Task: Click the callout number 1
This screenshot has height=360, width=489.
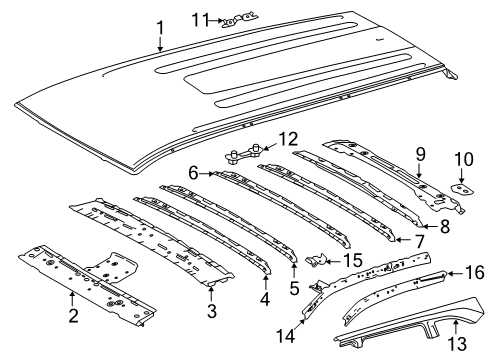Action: (159, 29)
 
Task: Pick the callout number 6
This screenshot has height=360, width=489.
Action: (192, 173)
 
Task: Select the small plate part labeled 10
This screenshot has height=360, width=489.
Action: (462, 186)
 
